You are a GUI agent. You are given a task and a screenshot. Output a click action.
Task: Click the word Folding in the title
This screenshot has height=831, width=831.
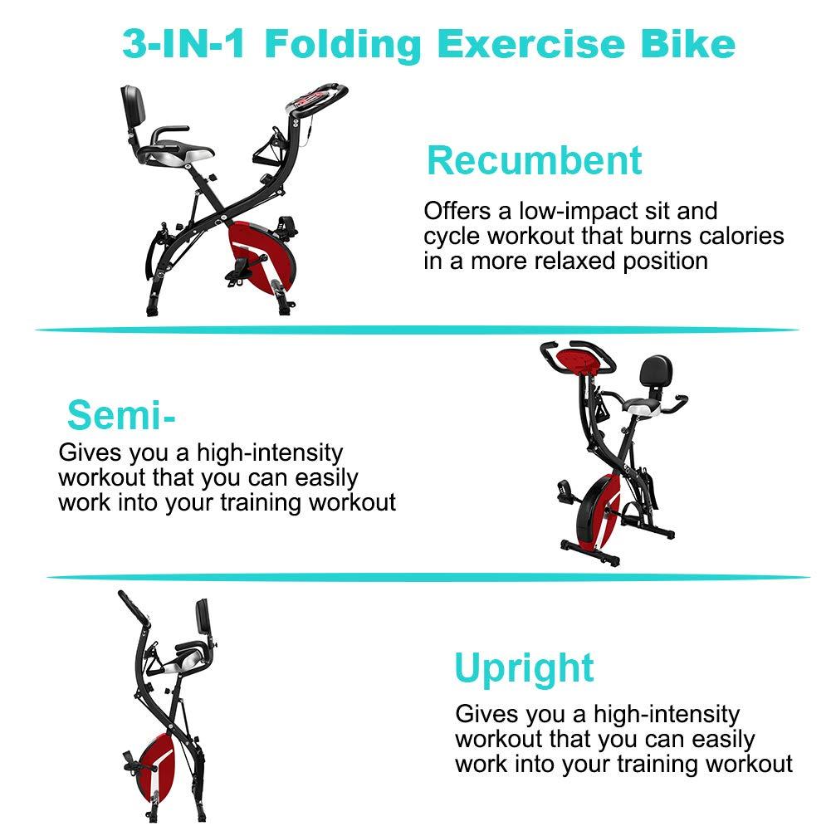(342, 46)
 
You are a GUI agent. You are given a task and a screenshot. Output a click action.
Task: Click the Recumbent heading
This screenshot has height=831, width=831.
(535, 160)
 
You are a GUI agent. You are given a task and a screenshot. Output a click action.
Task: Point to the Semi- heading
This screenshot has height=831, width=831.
(121, 415)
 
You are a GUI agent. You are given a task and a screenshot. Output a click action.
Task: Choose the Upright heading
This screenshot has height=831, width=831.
(524, 669)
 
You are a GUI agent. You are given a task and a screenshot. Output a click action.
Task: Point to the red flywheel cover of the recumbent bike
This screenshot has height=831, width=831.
(262, 256)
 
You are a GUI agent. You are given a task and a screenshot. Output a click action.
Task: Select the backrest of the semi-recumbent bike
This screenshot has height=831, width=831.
(656, 370)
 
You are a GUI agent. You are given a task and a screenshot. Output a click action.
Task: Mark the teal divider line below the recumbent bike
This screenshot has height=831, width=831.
(417, 330)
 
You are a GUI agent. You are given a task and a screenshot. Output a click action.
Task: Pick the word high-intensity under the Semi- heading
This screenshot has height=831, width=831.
(270, 453)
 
